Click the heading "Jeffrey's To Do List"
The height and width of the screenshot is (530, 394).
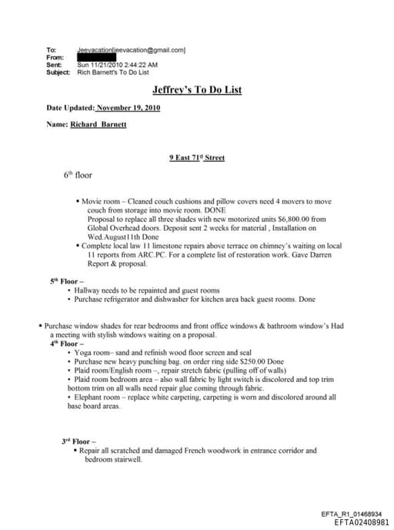pyautogui.click(x=196, y=90)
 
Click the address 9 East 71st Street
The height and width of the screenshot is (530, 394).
pyautogui.click(x=196, y=158)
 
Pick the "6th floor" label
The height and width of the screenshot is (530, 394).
pyautogui.click(x=78, y=176)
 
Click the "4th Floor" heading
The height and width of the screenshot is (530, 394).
pyautogui.click(x=67, y=344)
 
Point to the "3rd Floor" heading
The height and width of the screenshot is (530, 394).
pyautogui.click(x=78, y=441)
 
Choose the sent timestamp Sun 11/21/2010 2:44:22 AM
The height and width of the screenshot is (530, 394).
pyautogui.click(x=118, y=65)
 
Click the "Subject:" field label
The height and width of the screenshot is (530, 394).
pyautogui.click(x=58, y=72)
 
